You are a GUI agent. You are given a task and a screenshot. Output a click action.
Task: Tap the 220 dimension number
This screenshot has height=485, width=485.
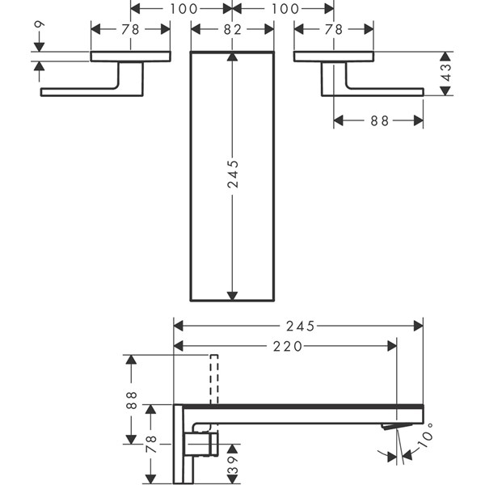(287, 346)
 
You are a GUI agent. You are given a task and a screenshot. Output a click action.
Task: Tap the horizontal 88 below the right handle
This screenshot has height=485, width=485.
(379, 120)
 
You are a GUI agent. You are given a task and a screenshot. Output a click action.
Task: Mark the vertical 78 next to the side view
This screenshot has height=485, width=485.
(150, 443)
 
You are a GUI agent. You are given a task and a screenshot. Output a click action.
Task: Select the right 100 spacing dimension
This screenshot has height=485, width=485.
(283, 9)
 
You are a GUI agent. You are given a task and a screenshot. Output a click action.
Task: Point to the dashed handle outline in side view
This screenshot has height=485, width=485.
(214, 377)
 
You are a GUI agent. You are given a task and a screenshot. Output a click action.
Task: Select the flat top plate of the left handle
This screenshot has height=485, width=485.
(130, 57)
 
